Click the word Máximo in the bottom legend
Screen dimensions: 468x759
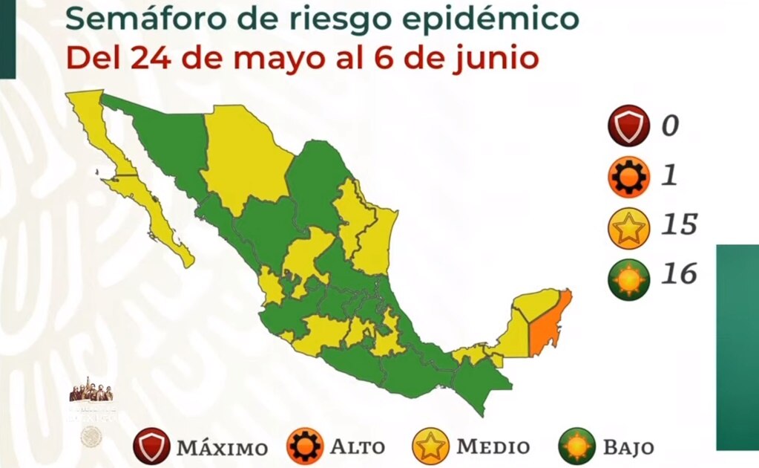[222, 448]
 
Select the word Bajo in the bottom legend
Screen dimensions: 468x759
[628, 447]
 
